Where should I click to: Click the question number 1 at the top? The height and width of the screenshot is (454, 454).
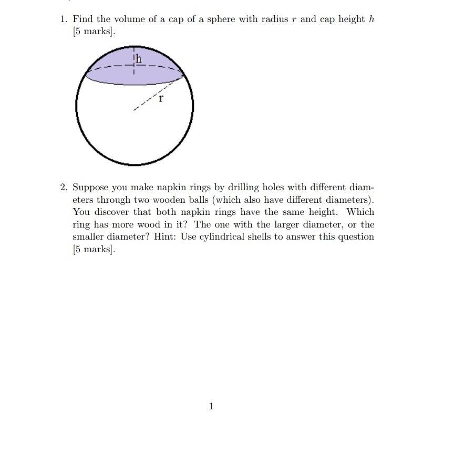tap(63, 19)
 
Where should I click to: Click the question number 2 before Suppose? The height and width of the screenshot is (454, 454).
tap(63, 188)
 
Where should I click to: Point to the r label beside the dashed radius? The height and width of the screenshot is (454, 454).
tap(161, 97)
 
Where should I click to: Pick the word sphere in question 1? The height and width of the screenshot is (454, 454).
tap(222, 19)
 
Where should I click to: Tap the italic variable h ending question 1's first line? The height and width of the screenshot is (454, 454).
tap(372, 19)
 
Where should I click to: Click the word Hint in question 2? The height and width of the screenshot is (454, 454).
tap(166, 237)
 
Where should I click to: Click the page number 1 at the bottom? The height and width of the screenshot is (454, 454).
tap(211, 406)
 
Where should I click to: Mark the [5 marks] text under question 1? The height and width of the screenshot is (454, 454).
tap(93, 32)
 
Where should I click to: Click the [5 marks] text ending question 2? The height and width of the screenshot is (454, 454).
tap(93, 250)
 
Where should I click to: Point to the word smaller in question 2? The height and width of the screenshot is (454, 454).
tap(89, 237)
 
